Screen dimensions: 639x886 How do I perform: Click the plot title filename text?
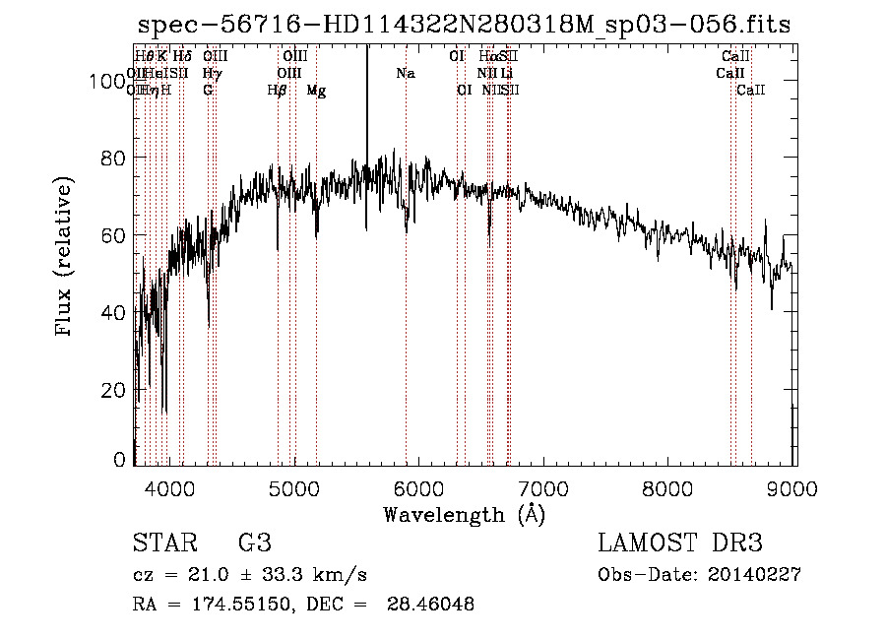[x=463, y=26]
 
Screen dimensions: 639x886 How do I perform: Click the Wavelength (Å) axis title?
[x=463, y=514]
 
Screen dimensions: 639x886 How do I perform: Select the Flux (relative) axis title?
[x=65, y=258]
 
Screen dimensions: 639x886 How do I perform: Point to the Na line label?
[x=406, y=73]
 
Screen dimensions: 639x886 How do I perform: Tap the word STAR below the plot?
[x=162, y=543]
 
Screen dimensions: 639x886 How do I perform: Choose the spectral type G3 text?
[x=254, y=543]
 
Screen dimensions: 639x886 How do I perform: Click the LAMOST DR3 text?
[x=679, y=543]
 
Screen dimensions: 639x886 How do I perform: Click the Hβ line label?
[x=277, y=90]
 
